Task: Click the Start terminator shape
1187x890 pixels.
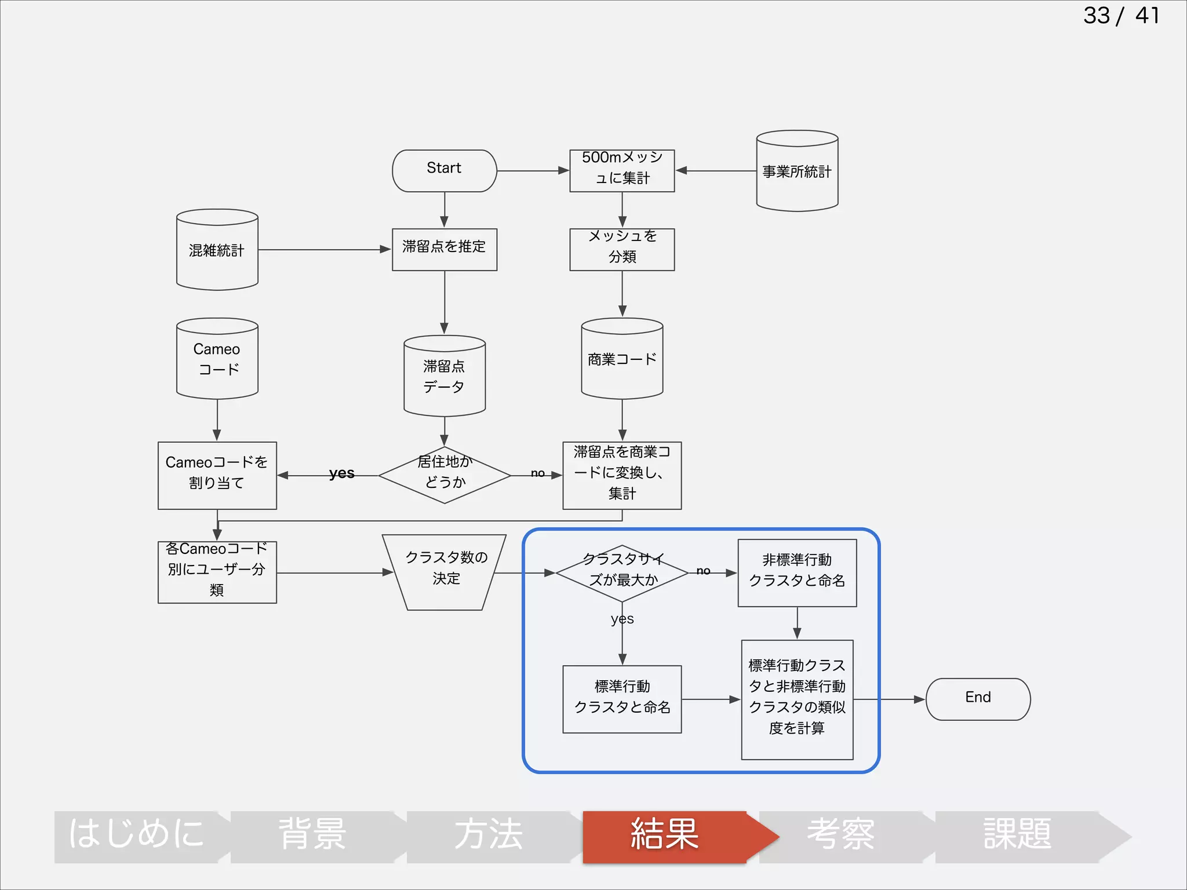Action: [444, 170]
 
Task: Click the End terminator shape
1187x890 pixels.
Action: [978, 699]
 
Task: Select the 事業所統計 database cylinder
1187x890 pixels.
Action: [797, 172]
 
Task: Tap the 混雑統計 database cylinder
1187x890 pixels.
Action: [217, 250]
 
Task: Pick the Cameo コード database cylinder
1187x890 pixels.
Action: [217, 359]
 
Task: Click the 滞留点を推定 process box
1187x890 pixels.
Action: [444, 249]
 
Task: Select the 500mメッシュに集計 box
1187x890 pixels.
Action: [622, 170]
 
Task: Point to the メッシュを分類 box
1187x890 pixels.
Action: [622, 249]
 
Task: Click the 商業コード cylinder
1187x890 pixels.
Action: [622, 359]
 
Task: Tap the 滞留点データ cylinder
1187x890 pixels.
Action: [444, 377]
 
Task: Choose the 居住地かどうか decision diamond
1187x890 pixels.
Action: [444, 475]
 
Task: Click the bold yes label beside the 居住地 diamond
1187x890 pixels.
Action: [341, 473]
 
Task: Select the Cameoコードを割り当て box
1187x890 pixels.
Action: [217, 475]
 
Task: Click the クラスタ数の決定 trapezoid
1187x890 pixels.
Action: [444, 571]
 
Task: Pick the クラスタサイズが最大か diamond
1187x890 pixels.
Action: [622, 572]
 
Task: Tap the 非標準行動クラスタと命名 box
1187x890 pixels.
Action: [797, 572]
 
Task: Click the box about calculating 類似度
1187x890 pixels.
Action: [797, 699]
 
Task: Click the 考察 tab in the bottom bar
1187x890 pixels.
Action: [840, 836]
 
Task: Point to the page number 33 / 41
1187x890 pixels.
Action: [1121, 16]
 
